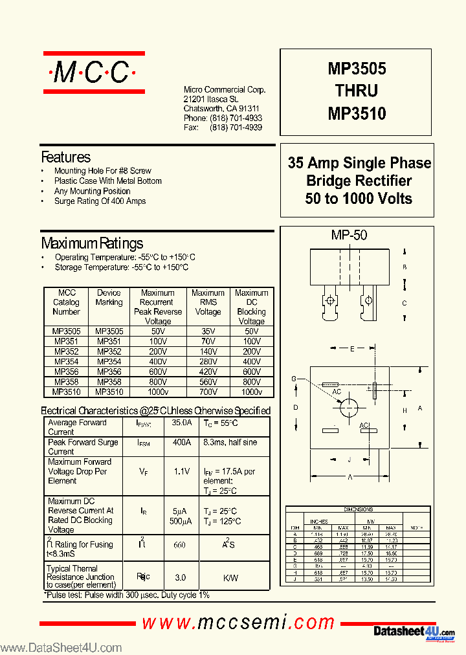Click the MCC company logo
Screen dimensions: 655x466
coord(92,73)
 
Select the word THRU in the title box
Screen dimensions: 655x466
coord(357,91)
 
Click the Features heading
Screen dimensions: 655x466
coord(65,157)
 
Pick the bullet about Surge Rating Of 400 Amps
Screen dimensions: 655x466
coord(100,201)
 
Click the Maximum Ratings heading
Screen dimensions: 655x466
coord(92,243)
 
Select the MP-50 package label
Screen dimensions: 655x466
coord(349,235)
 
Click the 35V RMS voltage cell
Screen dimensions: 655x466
coord(208,331)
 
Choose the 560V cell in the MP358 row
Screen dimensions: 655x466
coord(208,382)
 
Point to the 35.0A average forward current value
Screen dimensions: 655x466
coord(182,423)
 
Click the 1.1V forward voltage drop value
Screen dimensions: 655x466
coord(182,472)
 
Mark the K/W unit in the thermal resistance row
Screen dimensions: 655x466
coord(230,577)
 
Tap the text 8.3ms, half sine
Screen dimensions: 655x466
coord(230,442)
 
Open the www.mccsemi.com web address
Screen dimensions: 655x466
coord(238,623)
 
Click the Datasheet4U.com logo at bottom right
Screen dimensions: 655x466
coord(414,631)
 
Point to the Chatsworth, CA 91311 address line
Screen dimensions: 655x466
coord(221,109)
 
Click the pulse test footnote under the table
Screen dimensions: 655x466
coord(127,595)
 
